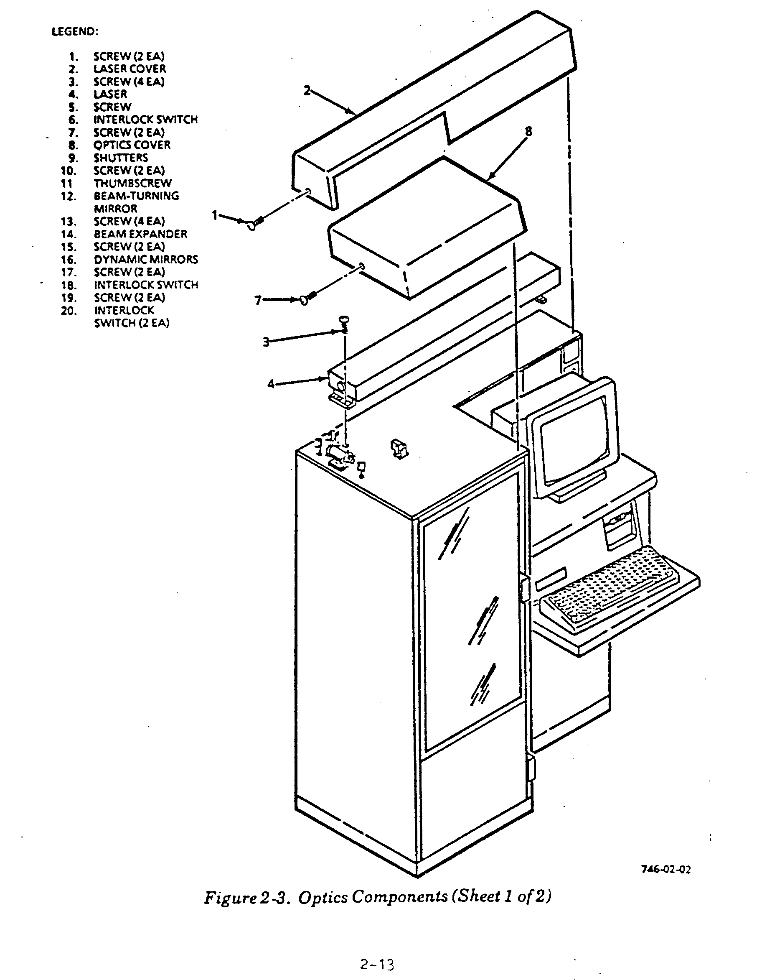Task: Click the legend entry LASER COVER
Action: tap(130, 69)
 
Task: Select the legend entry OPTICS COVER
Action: tap(132, 145)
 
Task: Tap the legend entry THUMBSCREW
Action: tap(132, 183)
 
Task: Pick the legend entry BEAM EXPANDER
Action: tap(140, 234)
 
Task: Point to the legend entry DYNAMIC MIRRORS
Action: tap(146, 259)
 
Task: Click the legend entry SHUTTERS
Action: tap(121, 158)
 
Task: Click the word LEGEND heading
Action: tap(74, 31)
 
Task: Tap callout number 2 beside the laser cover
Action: tap(307, 91)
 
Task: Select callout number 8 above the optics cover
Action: tap(528, 131)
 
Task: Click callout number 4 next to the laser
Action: tap(271, 384)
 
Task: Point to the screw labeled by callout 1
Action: tap(254, 223)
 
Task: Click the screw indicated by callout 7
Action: tap(307, 299)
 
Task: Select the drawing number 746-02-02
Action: tap(665, 869)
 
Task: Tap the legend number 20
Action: tap(69, 311)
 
